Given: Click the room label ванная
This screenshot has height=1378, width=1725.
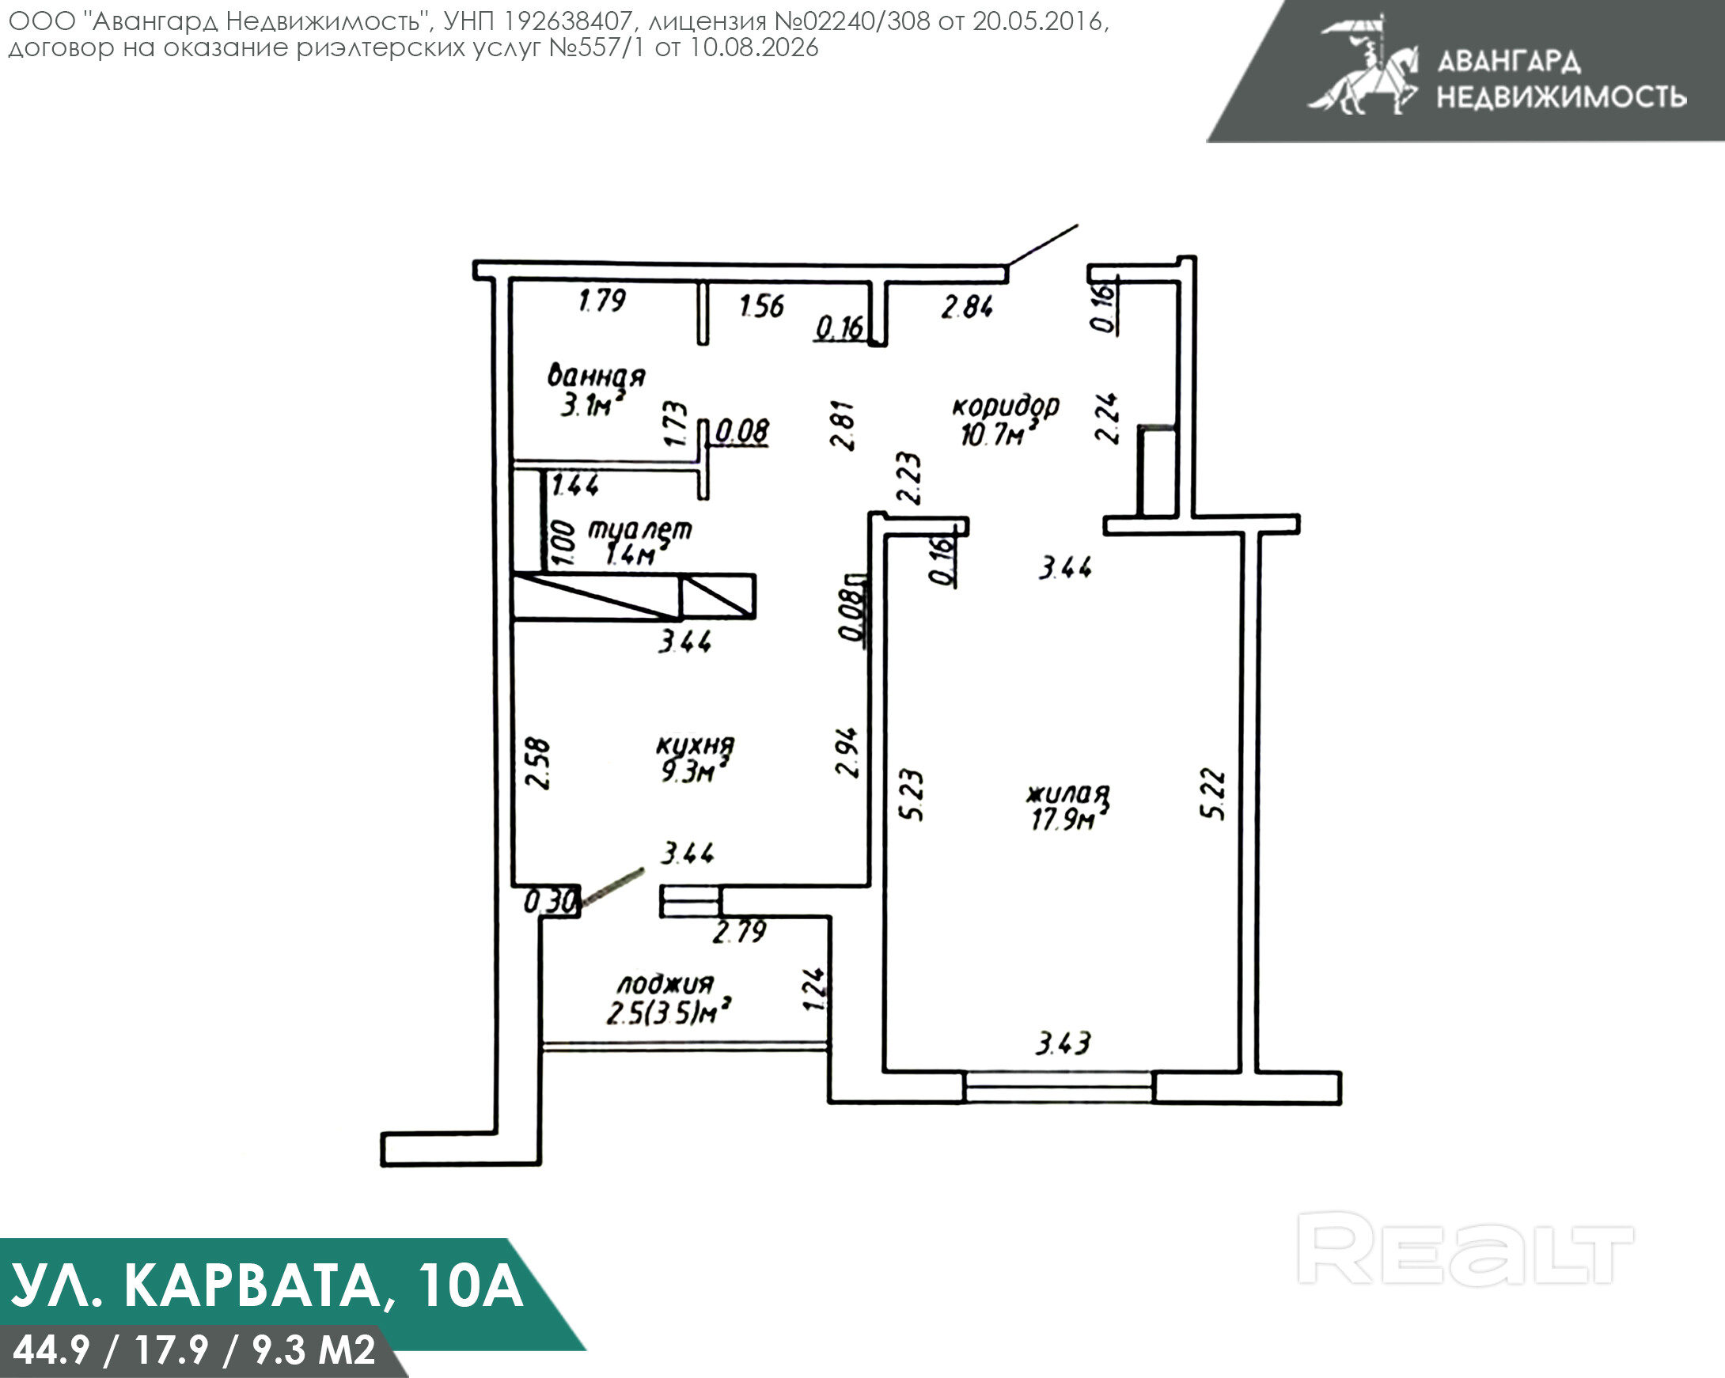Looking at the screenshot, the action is pos(596,376).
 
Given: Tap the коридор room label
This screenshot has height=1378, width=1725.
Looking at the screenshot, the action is pos(1006,407).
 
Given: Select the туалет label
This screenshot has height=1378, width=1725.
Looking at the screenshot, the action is pos(640,529).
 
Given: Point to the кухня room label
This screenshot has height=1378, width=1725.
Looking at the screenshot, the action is pos(695,746).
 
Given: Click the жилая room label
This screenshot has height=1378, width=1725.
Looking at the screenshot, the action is pos(1068,794).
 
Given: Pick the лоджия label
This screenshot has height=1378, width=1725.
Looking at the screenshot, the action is pos(665,984).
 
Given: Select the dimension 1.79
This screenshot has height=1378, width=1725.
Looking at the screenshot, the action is pos(602,301).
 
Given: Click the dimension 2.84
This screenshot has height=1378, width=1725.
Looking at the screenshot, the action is pos(967,306).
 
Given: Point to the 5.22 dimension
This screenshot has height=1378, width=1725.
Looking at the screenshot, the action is pos(1213,793).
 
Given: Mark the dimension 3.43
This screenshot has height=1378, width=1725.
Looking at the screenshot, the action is pos(1063,1043).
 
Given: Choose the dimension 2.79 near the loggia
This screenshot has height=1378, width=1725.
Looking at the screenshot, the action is pos(740,931).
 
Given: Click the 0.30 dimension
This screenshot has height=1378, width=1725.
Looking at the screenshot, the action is pos(551,902).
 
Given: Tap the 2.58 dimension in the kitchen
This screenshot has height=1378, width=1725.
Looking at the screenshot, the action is pos(540,764).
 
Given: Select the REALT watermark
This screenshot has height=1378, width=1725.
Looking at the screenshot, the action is pos(1465,1248).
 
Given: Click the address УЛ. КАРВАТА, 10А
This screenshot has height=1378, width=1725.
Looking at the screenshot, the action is pos(267,1286).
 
